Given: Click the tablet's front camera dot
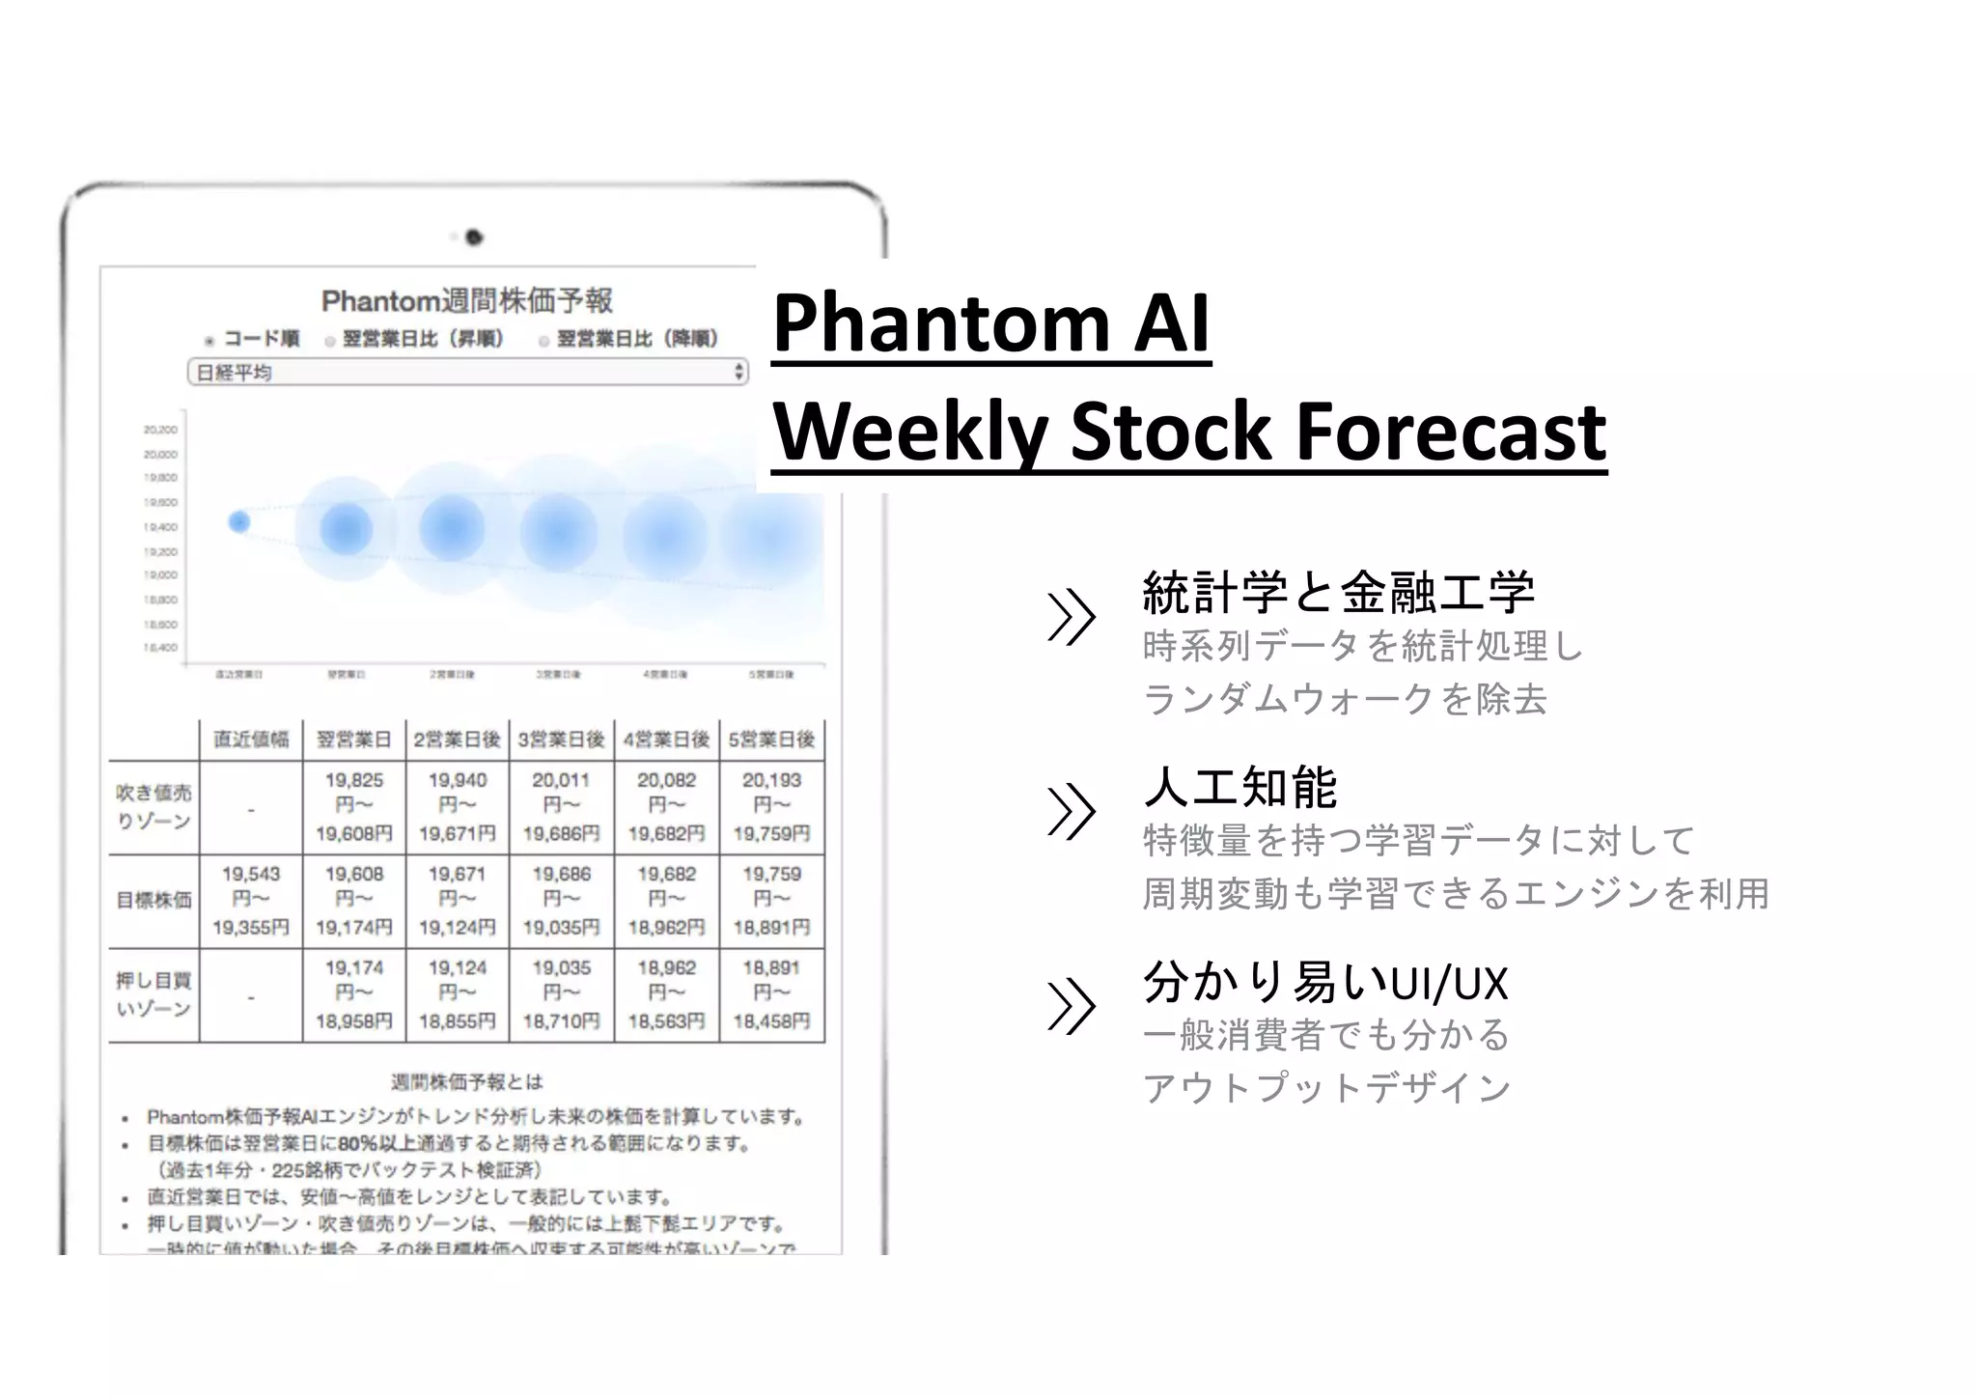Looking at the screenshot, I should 473,237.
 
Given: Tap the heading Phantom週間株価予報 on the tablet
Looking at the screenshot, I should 466,301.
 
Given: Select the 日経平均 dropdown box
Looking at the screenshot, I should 467,373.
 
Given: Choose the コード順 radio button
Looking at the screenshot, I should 209,341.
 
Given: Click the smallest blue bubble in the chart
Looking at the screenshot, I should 238,522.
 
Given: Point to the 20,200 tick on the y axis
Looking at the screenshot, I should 160,430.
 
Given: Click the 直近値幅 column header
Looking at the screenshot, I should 251,740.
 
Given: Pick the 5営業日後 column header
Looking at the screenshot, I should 771,740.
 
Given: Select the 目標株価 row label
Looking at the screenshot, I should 153,901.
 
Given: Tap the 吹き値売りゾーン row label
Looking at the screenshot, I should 153,807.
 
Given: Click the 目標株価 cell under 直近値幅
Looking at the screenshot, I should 251,901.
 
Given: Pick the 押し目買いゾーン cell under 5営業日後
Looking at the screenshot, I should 771,994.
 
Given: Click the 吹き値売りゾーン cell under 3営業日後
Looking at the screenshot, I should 561,807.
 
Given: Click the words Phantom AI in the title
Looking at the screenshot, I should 990,322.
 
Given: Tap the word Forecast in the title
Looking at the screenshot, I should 1450,432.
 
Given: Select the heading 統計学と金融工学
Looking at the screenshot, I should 1338,593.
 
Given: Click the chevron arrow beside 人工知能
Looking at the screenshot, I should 1071,811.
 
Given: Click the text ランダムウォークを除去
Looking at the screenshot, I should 1345,699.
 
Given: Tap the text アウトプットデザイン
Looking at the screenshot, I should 1326,1088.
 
